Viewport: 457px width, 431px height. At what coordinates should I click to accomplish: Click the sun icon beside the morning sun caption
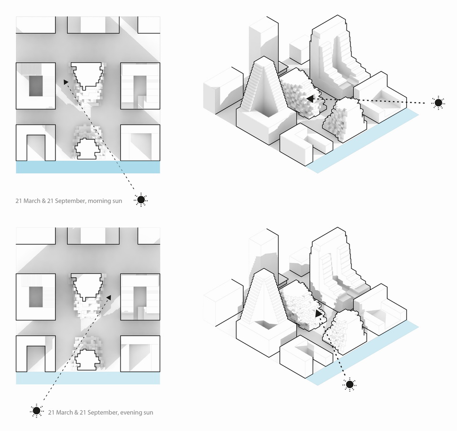coord(141,200)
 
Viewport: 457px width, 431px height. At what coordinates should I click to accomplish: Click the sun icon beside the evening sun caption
coord(36,410)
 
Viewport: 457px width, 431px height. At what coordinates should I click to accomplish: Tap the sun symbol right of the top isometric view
coord(438,102)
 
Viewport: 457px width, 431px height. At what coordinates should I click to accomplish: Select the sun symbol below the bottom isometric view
coord(349,384)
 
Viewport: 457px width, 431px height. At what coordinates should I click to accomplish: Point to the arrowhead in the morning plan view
coord(66,82)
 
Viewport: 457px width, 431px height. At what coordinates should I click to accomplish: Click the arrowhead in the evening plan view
coord(109,297)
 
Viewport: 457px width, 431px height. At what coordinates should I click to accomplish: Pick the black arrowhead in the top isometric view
coord(310,99)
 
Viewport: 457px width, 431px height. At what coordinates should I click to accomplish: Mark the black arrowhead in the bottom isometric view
coord(318,314)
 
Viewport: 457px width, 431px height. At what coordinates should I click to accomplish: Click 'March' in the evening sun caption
coord(64,412)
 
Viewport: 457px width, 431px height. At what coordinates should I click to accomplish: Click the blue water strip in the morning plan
coord(88,167)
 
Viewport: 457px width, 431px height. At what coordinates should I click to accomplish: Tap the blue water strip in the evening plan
coord(88,378)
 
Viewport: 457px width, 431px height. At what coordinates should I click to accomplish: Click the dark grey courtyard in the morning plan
coord(36,86)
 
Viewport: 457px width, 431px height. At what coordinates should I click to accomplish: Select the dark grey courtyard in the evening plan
coord(36,297)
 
